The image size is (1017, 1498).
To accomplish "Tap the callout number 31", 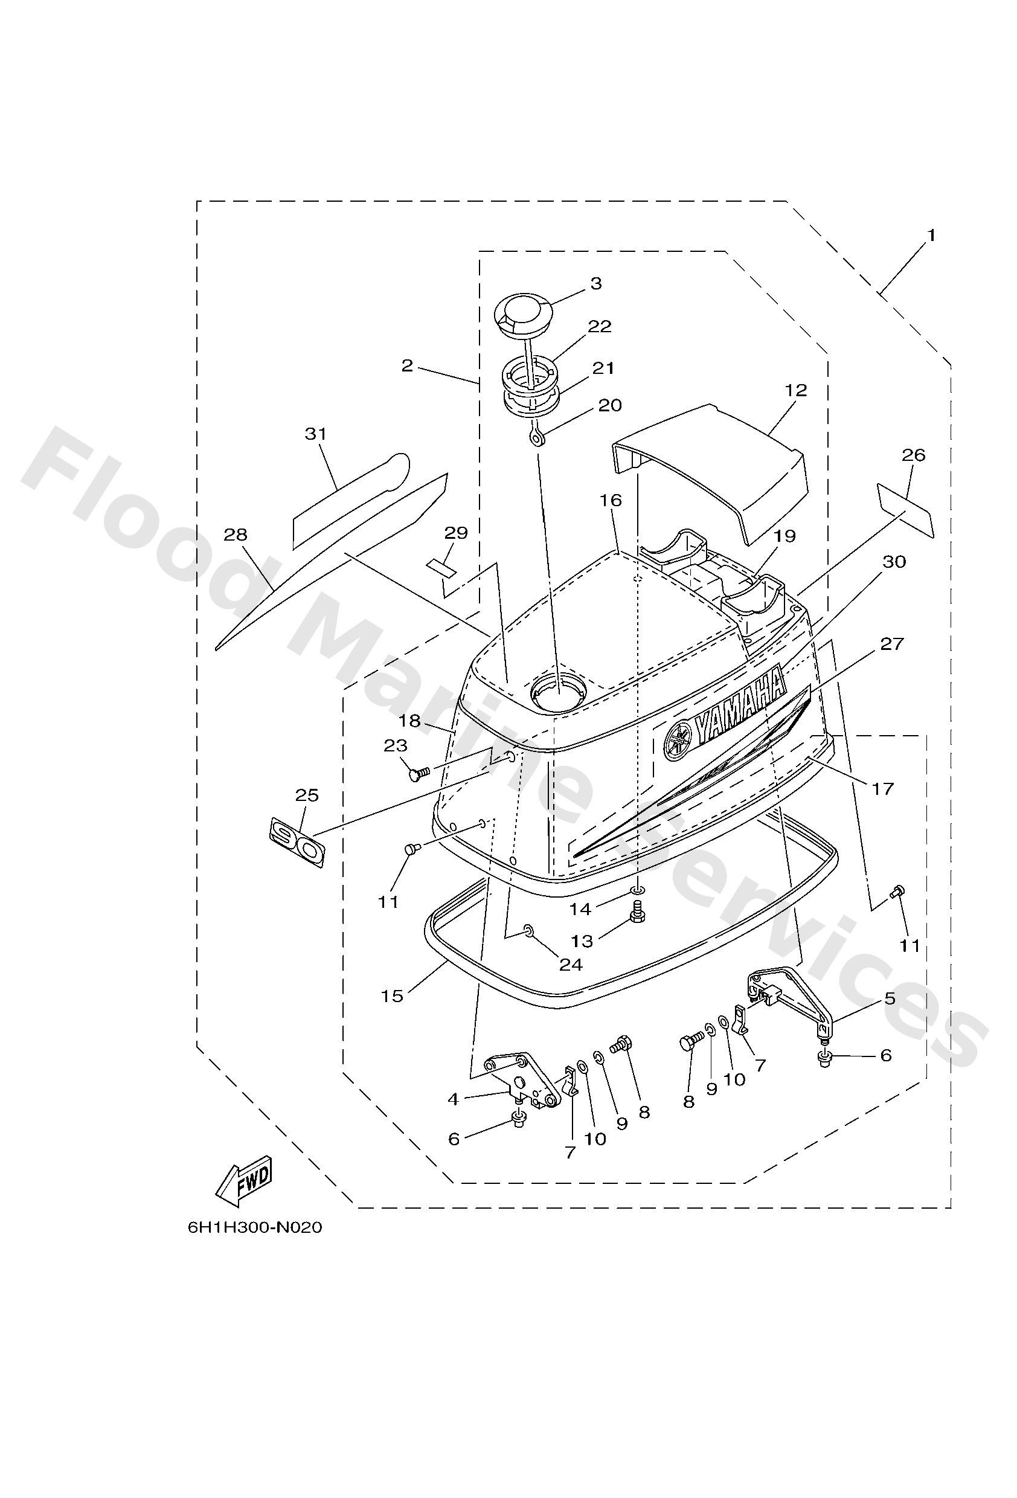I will (x=316, y=434).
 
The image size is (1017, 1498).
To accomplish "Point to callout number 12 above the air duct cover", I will (x=796, y=391).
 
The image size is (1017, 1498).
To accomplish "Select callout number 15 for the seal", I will (x=392, y=996).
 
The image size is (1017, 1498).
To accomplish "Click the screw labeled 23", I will (x=416, y=773).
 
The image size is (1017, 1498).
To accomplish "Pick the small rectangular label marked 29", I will (x=440, y=567).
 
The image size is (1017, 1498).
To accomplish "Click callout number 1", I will (x=930, y=236).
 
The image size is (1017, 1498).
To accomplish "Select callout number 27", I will (x=892, y=644).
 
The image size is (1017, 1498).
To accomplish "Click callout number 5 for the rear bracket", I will (x=890, y=999).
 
